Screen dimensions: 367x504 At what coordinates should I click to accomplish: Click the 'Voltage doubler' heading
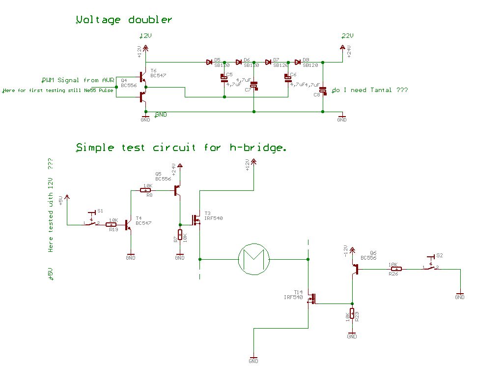tap(124, 20)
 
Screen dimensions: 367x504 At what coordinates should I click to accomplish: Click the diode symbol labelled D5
tap(209, 62)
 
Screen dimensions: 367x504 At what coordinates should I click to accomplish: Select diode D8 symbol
tap(298, 62)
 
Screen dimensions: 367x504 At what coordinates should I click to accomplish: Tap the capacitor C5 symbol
tap(224, 77)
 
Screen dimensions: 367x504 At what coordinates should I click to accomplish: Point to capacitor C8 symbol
tap(323, 91)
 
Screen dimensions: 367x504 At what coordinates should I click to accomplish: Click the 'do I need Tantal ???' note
tap(370, 91)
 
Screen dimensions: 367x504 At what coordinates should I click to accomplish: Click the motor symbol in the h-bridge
tap(253, 259)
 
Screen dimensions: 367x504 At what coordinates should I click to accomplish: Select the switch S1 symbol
tap(91, 221)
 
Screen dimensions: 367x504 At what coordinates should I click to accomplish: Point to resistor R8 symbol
tap(147, 190)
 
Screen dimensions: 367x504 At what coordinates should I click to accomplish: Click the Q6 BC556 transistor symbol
tap(354, 269)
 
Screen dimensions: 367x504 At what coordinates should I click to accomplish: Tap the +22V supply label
tap(347, 36)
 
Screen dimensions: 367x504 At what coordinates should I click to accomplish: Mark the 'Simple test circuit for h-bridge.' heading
tap(180, 148)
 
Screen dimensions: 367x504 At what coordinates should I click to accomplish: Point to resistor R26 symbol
tap(396, 269)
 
